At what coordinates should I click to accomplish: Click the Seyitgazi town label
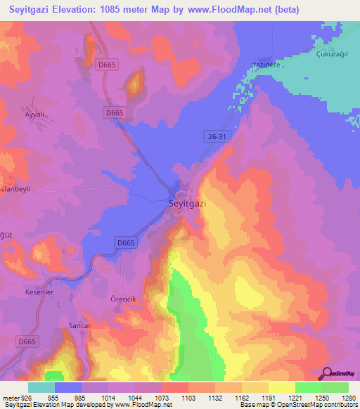(x=188, y=203)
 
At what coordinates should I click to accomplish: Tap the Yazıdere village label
(x=266, y=65)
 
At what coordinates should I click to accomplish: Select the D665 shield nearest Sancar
(x=26, y=341)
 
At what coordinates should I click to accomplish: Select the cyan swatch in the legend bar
(x=41, y=387)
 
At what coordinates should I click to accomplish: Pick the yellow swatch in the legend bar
(x=281, y=387)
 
